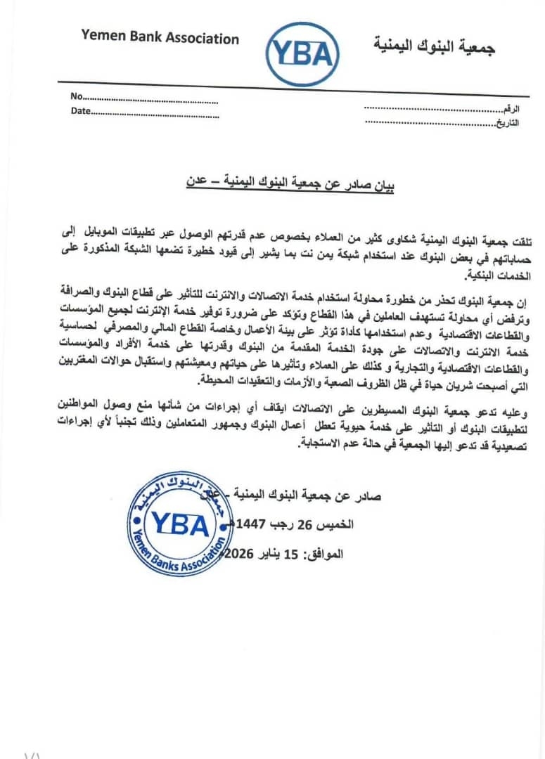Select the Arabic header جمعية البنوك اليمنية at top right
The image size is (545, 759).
434,47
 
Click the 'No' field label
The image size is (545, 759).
77,96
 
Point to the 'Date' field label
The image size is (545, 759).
80,111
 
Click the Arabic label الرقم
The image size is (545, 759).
511,110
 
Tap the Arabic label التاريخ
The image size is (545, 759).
508,123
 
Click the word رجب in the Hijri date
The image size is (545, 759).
286,524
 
